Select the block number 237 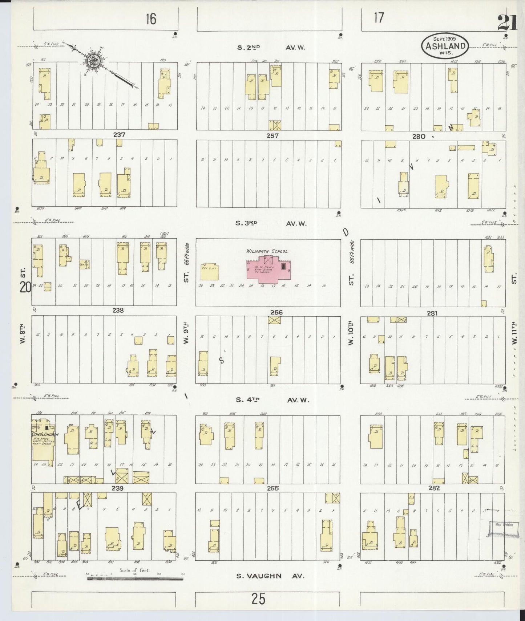(x=119, y=135)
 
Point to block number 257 (x=272, y=136)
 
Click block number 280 (x=419, y=137)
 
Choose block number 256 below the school (x=276, y=312)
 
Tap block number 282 (x=434, y=488)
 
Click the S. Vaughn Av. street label (x=270, y=576)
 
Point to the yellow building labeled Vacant (x=209, y=272)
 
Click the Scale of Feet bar (x=135, y=579)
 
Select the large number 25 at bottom (x=258, y=598)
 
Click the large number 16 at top (x=151, y=19)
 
